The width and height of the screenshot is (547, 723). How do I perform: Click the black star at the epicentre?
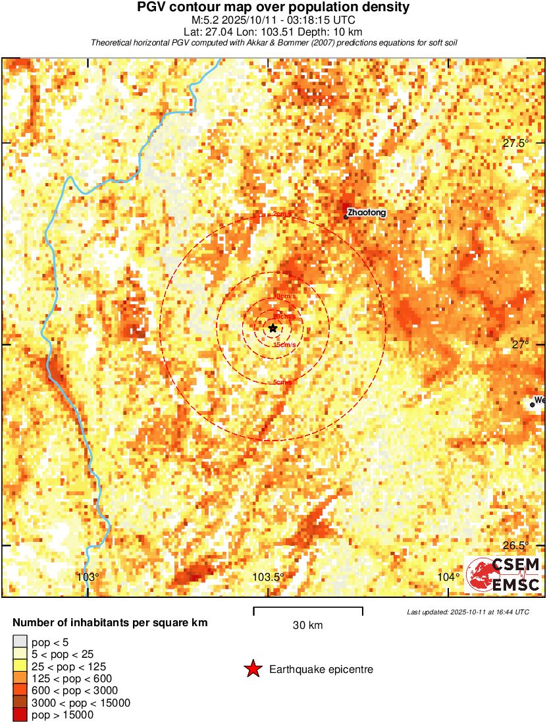(273, 328)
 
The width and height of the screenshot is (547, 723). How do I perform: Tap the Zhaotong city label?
(367, 213)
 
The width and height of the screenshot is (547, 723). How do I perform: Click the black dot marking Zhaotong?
(346, 217)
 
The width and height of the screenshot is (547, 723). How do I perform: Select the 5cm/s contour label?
(282, 383)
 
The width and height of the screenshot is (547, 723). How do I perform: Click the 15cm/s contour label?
(284, 345)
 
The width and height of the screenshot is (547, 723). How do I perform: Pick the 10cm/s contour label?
(284, 297)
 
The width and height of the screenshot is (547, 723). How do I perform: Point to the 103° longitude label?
(88, 577)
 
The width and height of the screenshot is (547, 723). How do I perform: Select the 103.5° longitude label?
(269, 577)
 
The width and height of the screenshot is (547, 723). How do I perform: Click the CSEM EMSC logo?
(504, 574)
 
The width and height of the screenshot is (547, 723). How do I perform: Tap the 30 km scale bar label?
(307, 626)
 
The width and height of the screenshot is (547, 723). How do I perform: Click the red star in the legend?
(252, 670)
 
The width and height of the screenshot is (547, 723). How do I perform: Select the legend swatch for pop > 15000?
(20, 715)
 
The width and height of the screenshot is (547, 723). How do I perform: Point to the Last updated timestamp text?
(468, 612)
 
